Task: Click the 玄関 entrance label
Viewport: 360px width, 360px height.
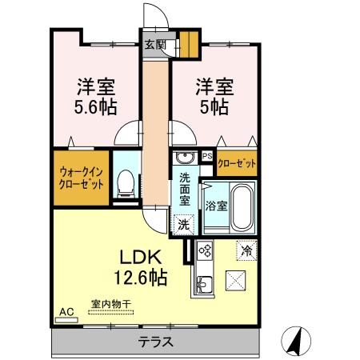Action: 155,46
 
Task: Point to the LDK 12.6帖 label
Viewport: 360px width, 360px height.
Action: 143,267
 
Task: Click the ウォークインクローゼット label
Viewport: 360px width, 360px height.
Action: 82,177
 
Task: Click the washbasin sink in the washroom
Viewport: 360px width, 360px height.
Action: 185,157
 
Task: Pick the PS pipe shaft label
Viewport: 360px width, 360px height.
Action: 207,157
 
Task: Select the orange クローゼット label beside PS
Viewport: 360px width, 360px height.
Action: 238,163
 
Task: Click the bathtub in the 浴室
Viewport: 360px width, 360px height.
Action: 241,207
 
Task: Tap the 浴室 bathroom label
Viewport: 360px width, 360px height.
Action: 216,206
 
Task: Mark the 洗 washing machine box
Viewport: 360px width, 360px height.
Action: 184,225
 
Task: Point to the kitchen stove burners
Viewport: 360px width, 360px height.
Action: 204,251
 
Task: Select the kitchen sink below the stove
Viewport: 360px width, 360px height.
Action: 203,282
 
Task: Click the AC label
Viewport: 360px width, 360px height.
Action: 66,310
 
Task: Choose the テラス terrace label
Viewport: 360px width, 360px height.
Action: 157,342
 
